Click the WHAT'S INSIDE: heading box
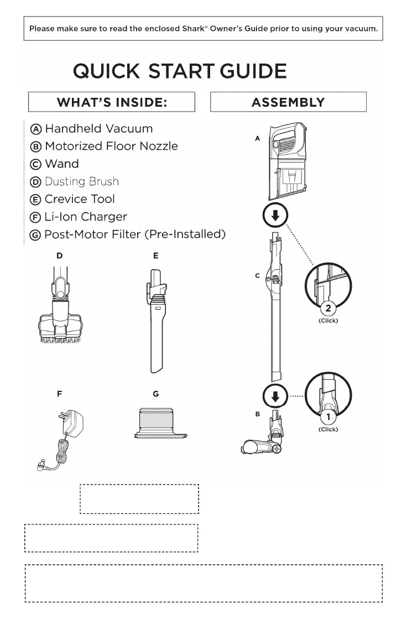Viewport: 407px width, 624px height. pos(112,102)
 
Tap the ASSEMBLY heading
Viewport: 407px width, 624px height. pos(288,102)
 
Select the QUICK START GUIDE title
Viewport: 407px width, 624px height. pos(180,71)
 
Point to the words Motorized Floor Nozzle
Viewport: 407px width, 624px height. pos(111,146)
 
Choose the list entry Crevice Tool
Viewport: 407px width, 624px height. pos(80,199)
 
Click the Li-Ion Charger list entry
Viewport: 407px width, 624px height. pos(86,217)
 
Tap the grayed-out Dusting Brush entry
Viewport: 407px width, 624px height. pos(81,181)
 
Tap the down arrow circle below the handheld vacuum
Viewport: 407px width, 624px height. pos(275,216)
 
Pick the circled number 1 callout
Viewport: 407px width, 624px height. pos(328,417)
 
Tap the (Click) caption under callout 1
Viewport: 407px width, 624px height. pos(328,429)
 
